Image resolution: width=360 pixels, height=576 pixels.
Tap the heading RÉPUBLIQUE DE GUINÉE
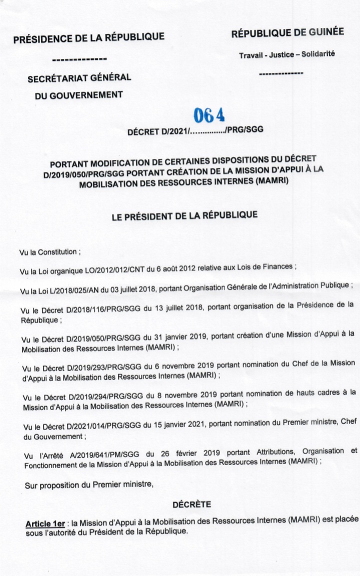point(287,32)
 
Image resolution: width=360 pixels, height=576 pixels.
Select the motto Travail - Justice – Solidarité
point(287,54)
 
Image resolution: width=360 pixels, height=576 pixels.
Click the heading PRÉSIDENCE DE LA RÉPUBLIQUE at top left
point(88,37)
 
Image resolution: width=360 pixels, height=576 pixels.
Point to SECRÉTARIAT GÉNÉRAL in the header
point(79,78)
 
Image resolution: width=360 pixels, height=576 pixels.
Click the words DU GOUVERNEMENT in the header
point(79,95)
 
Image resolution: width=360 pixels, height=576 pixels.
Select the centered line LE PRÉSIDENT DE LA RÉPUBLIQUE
point(184,217)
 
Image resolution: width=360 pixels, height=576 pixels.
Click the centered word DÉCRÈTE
point(191,505)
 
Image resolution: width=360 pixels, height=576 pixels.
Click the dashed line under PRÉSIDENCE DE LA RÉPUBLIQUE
point(79,60)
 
